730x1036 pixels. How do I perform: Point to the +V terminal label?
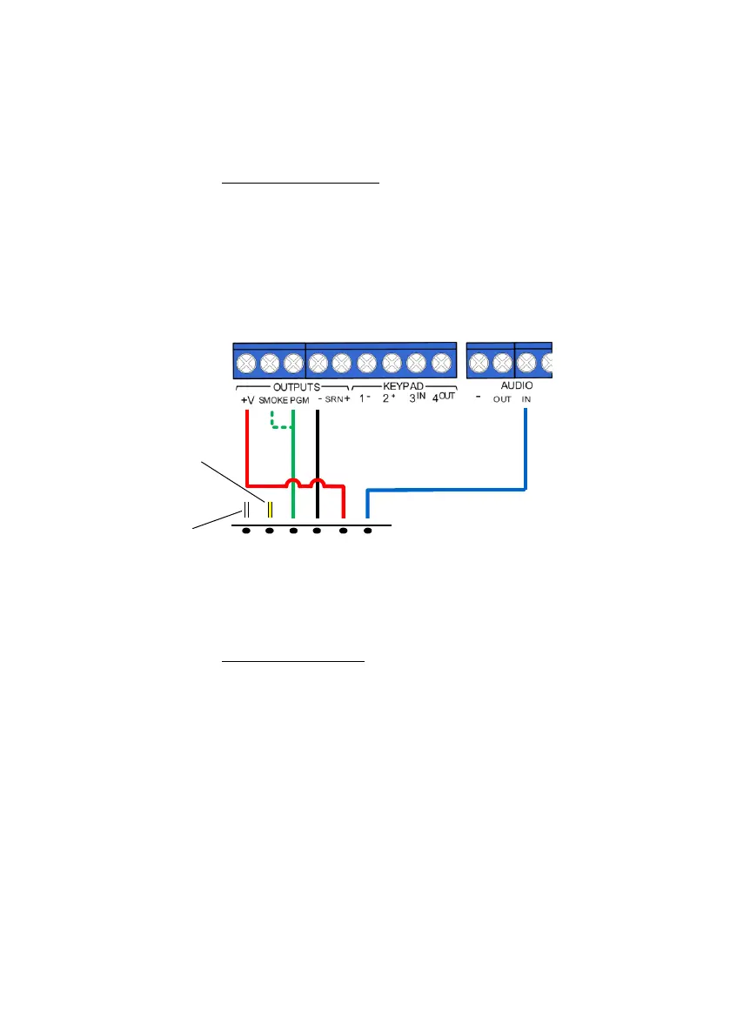click(246, 400)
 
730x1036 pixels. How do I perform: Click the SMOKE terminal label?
click(272, 400)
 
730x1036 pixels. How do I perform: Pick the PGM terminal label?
click(299, 400)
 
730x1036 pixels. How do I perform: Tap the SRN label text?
click(335, 400)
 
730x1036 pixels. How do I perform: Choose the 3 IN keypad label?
click(417, 399)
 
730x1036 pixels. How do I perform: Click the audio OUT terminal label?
click(502, 401)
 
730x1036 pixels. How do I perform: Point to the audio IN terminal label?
click(526, 400)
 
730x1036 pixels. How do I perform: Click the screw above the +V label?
click(246, 361)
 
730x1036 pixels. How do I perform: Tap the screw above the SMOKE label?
click(270, 361)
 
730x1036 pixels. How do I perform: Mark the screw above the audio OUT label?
click(502, 361)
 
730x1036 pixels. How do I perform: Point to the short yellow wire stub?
click(270, 510)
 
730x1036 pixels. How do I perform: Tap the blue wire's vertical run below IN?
click(526, 444)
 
